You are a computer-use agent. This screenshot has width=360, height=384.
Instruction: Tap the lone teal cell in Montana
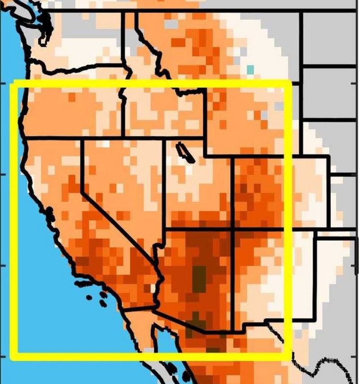click(250, 69)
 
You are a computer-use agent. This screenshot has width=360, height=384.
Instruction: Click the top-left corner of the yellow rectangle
click(13, 83)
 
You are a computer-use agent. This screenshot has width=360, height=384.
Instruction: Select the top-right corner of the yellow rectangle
click(288, 83)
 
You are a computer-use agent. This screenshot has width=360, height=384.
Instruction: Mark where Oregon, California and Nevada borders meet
click(81, 140)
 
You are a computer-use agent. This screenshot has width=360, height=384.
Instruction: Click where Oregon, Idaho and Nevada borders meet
click(123, 136)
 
